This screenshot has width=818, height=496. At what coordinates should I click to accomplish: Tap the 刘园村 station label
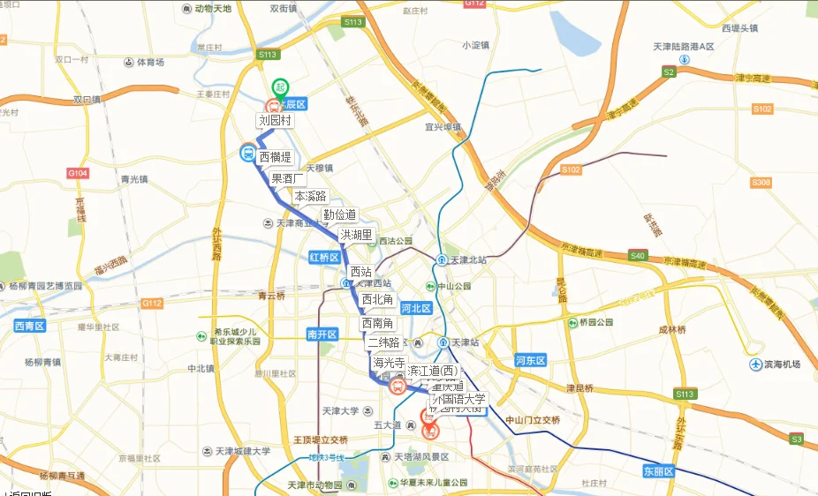(274, 120)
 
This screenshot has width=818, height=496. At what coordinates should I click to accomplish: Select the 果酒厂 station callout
(289, 178)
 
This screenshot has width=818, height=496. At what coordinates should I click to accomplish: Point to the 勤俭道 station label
(339, 214)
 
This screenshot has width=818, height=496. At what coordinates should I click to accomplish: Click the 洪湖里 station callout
(356, 235)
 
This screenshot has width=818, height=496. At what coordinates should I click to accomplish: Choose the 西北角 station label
(377, 300)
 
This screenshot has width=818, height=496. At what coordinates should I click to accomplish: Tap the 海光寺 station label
(389, 362)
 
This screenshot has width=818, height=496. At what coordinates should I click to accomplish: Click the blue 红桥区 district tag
(324, 257)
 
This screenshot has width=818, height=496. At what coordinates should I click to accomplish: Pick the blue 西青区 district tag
(29, 327)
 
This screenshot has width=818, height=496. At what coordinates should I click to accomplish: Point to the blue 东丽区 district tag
(658, 471)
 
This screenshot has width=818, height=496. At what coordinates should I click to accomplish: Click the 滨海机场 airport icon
(756, 364)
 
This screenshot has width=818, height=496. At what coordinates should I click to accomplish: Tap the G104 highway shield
(79, 173)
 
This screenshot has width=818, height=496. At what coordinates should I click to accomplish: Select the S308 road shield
(761, 183)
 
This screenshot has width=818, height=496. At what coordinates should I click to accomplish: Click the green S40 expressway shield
(638, 256)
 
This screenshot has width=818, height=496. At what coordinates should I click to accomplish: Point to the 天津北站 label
(469, 259)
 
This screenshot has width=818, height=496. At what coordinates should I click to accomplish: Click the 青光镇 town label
(134, 179)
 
